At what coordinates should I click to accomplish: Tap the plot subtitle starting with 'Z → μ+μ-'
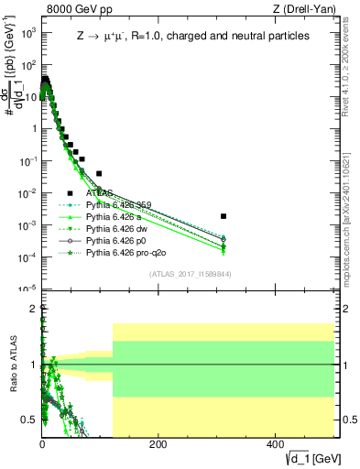coord(192,37)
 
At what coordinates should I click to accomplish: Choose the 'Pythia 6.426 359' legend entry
coord(120,205)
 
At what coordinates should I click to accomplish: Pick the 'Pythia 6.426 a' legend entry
coord(115,217)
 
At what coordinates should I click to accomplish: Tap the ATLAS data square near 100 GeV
coord(99,173)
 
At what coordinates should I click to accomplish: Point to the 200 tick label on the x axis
coord(158,444)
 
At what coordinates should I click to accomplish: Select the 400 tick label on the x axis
coord(275,444)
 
